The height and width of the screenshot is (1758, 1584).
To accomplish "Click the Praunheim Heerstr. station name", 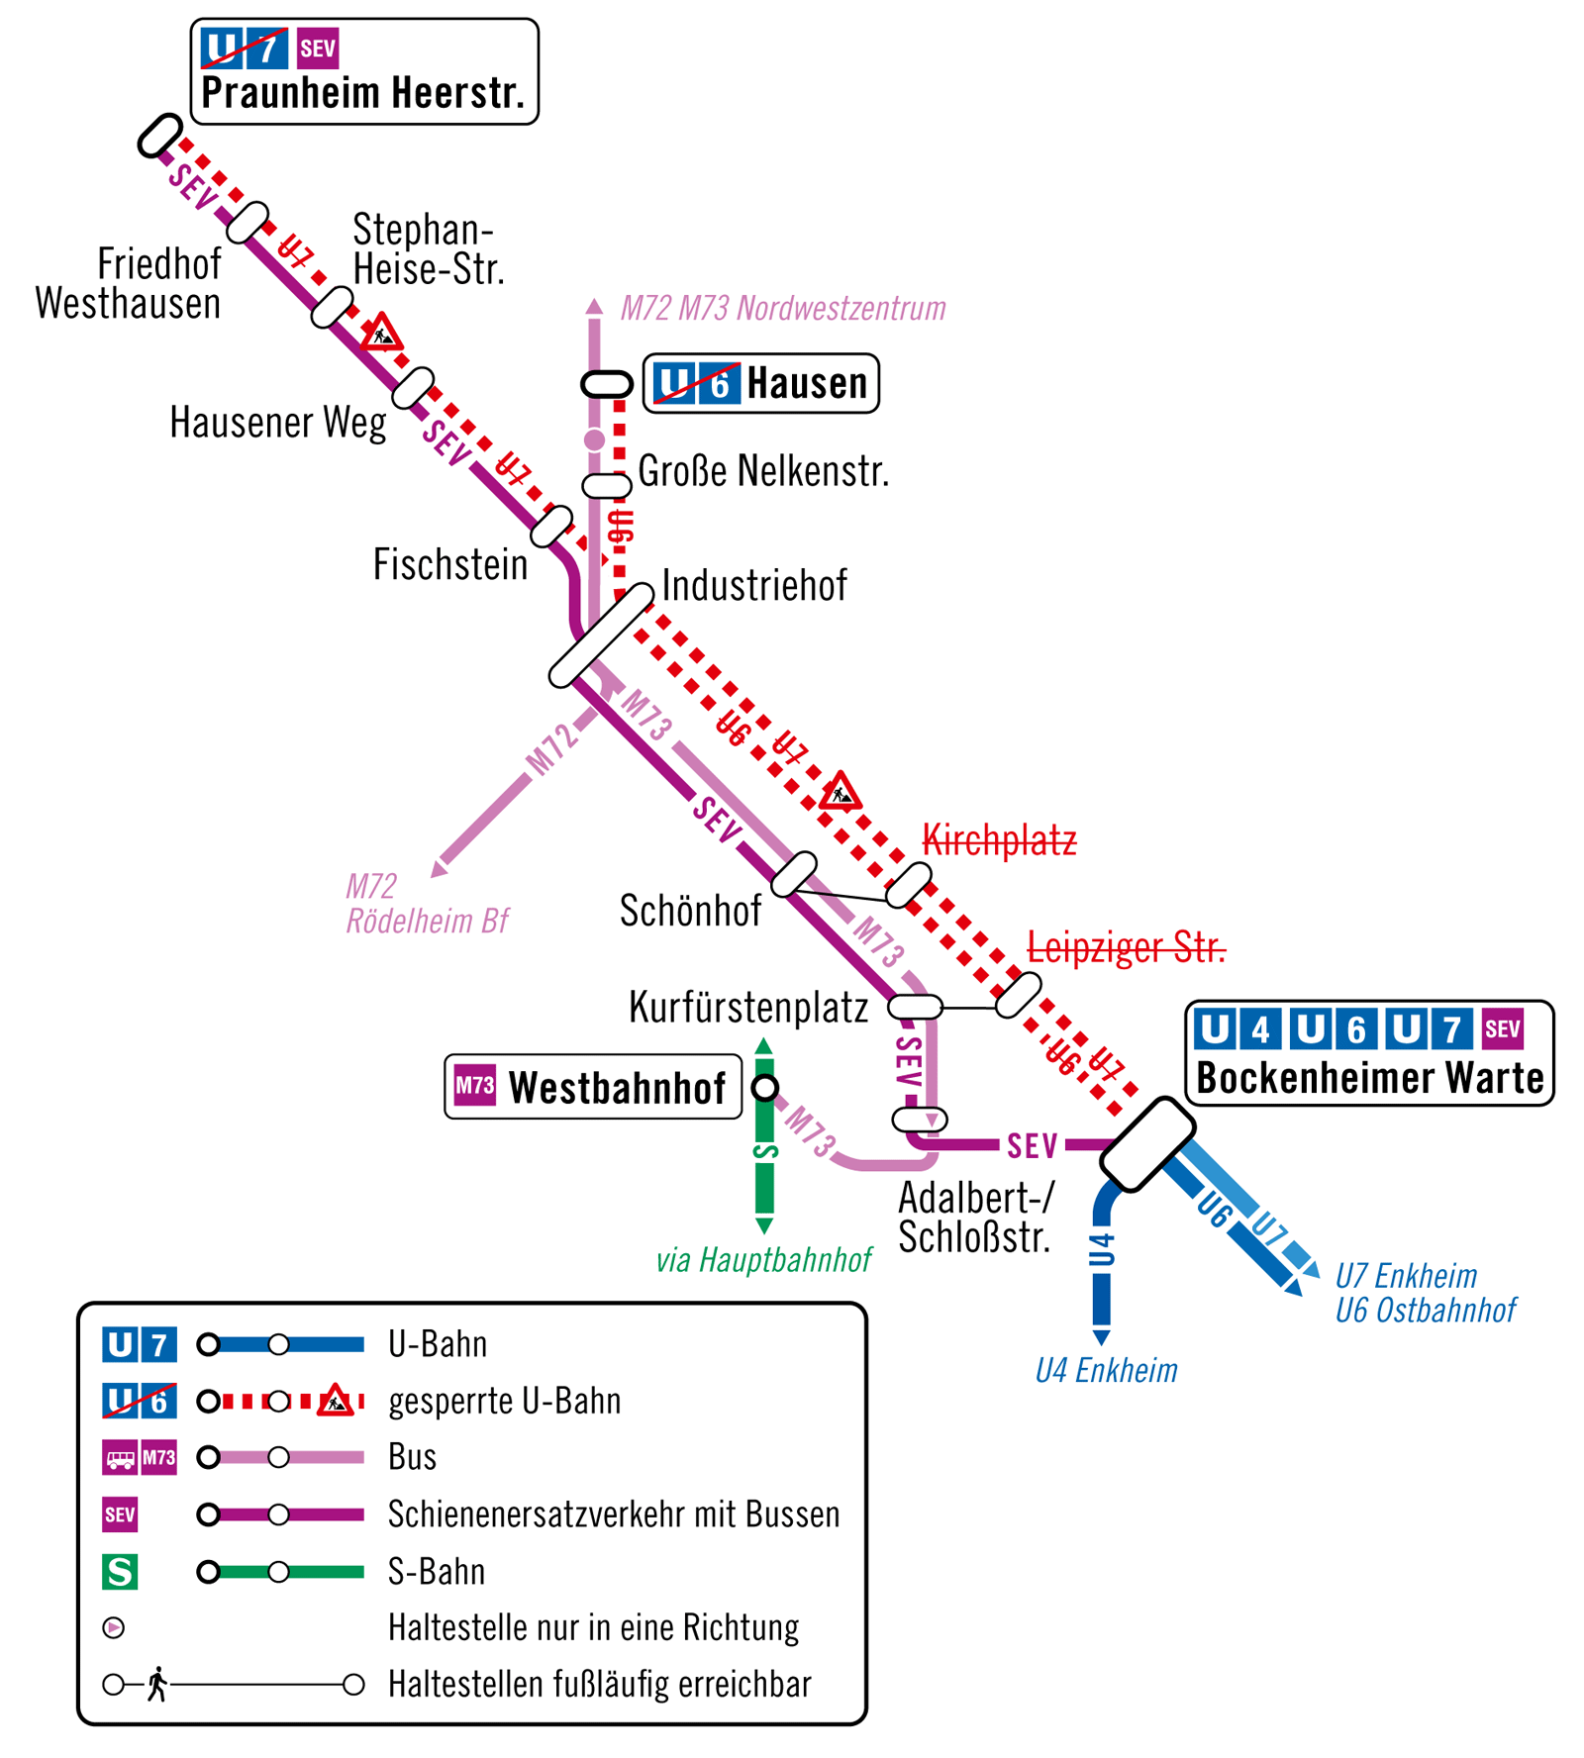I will pos(362,93).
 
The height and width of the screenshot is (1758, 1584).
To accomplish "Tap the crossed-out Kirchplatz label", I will pos(998,840).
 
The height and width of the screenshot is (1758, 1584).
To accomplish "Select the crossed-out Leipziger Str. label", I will pos(1126,947).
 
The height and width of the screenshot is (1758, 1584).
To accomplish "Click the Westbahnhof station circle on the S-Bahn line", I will pos(764,1088).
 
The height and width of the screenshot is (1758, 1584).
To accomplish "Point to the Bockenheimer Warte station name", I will pos(1370,1077).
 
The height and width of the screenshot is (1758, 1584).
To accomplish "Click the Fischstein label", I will pos(450,564).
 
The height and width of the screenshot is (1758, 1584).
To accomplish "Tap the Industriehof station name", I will pos(754,585).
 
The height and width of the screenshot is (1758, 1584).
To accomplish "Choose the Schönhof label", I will pos(690,911).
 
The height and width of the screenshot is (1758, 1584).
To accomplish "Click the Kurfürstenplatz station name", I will pos(748,1008).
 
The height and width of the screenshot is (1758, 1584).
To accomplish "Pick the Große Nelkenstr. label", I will pos(763,471).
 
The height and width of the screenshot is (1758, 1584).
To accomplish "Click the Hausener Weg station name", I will pos(278,423).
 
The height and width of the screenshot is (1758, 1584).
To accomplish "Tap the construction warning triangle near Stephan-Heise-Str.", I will pos(381,334).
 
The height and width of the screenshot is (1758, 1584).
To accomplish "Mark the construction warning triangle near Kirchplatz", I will pos(840,792).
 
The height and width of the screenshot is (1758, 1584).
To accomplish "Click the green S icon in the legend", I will pos(120,1571).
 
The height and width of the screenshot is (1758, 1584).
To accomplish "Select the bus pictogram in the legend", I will pos(121,1458).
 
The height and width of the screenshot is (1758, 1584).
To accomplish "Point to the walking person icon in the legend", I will pos(156,1684).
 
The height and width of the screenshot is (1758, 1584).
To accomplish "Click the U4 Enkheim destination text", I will pos(1106,1371).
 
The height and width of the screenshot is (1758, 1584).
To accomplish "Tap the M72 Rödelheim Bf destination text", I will pos(426,904).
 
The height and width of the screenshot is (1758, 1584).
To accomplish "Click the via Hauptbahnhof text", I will pos(763,1260).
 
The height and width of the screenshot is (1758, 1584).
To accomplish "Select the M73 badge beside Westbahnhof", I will pos(474,1086).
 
